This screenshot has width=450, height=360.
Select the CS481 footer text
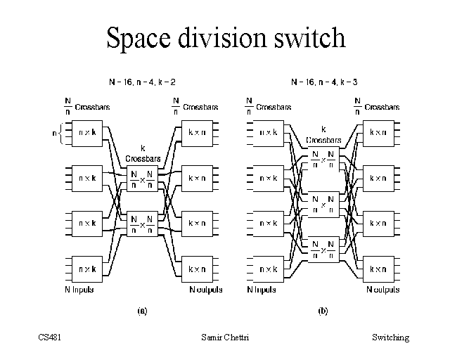51,337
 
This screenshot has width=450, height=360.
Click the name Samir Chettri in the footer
224,337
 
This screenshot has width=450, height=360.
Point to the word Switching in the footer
390,337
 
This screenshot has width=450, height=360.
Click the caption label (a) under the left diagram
141,309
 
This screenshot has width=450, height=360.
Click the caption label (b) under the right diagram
323,309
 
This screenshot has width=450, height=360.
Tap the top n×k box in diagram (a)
88,132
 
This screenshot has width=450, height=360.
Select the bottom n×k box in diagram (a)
88,269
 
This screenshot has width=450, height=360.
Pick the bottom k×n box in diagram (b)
378,269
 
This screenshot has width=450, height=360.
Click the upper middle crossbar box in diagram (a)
142,180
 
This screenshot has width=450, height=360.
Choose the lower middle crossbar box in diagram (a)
142,224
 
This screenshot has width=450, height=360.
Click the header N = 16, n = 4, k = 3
323,82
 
